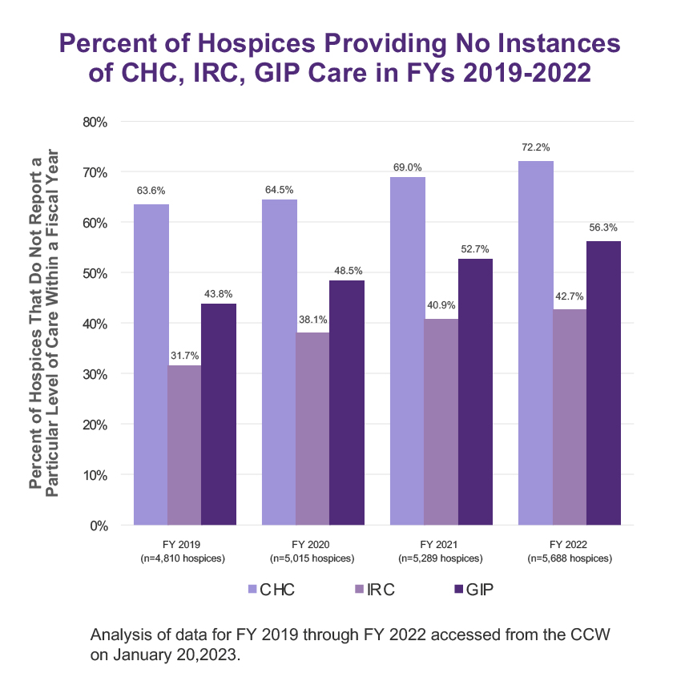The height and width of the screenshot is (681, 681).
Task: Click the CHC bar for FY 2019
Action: (151, 365)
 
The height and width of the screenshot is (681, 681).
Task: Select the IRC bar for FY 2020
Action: (312, 429)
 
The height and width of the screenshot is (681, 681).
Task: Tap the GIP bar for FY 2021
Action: (476, 392)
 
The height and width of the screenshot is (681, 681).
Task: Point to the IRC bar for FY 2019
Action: (184, 445)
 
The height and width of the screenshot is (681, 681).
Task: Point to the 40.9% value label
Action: (441, 306)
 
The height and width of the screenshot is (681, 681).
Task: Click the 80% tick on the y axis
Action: (96, 122)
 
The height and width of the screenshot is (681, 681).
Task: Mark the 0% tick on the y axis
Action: (99, 526)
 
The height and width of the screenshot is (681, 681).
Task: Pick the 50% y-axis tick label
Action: (96, 273)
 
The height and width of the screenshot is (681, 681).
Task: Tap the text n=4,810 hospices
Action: (183, 558)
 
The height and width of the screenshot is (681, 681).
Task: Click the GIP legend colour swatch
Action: (458, 590)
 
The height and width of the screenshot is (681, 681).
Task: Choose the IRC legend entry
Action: (372, 590)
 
